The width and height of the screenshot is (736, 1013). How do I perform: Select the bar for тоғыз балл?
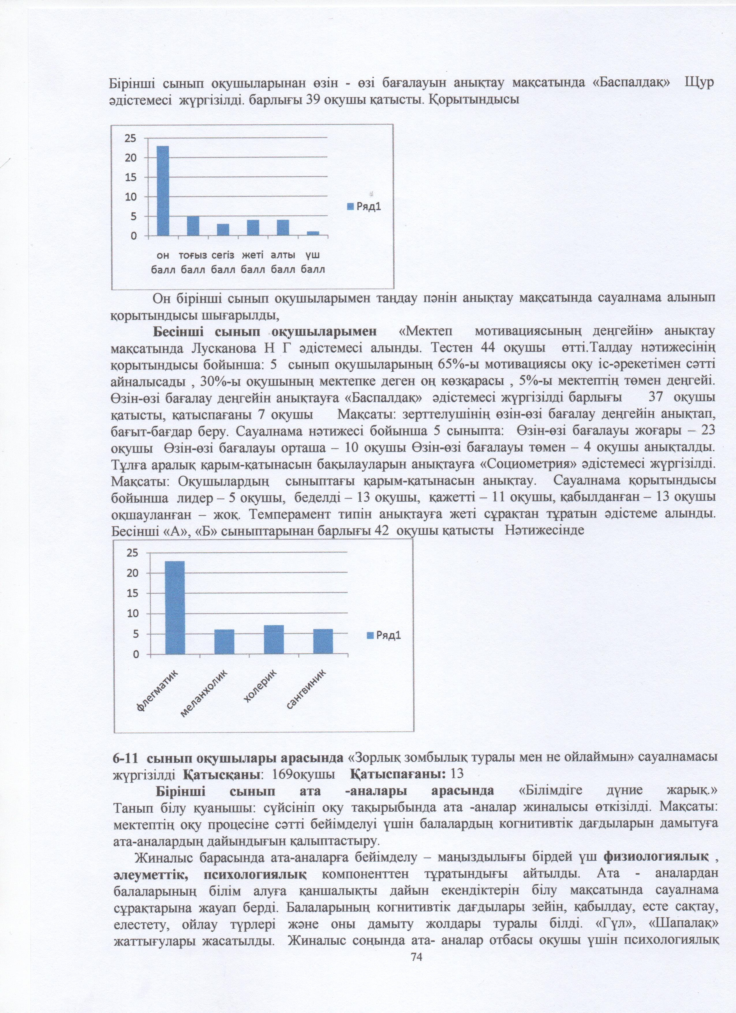click(193, 226)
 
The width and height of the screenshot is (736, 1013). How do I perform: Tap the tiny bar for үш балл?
click(313, 233)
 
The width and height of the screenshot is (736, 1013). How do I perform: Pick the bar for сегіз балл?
click(223, 229)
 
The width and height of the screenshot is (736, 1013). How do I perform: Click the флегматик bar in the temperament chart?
click(175, 608)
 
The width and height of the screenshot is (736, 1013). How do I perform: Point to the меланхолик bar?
click(224, 642)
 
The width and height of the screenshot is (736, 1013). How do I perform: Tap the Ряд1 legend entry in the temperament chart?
click(384, 635)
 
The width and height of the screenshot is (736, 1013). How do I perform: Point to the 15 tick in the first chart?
click(130, 177)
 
